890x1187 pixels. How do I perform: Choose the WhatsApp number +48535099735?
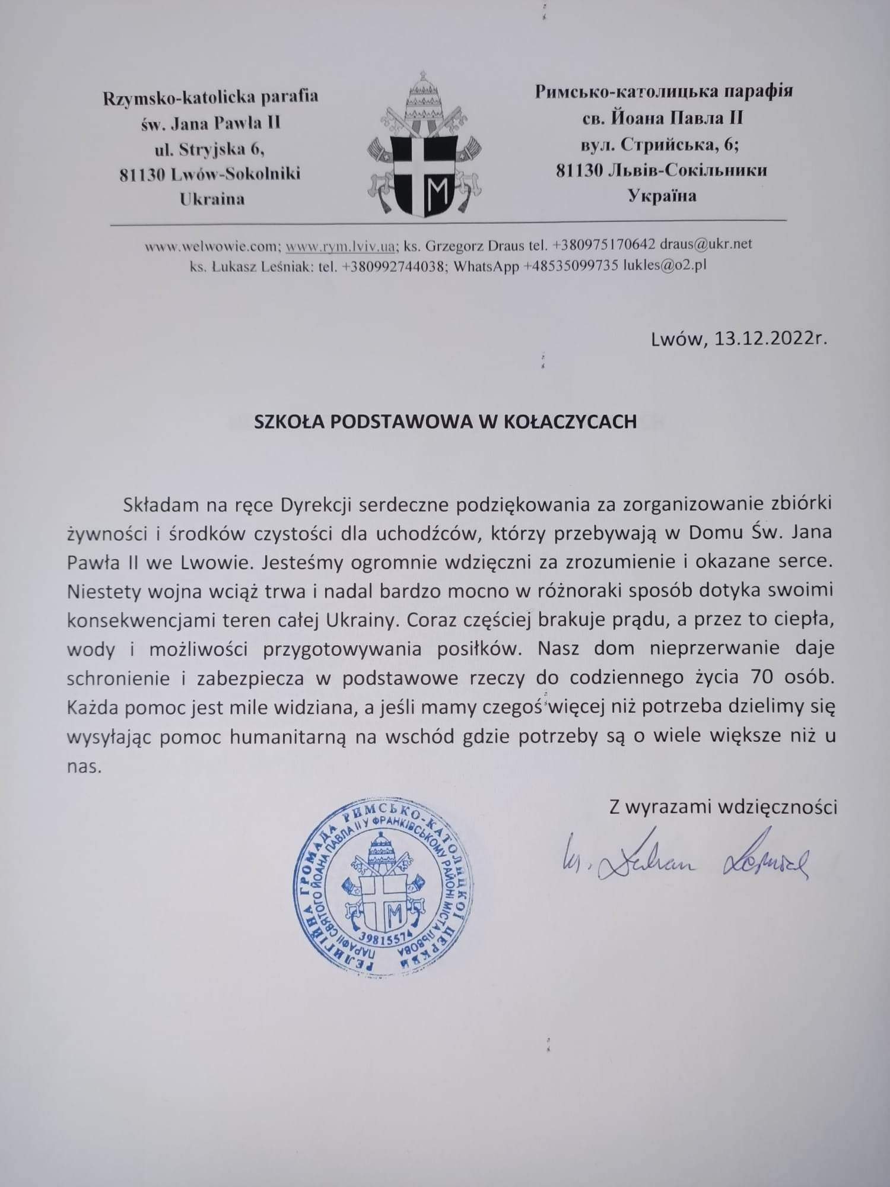coord(571,266)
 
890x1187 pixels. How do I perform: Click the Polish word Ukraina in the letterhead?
coord(212,198)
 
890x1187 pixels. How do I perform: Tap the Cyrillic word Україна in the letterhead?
coord(662,195)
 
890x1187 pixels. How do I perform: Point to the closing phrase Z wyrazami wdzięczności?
coord(723,807)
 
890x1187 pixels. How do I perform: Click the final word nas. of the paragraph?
coord(85,767)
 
